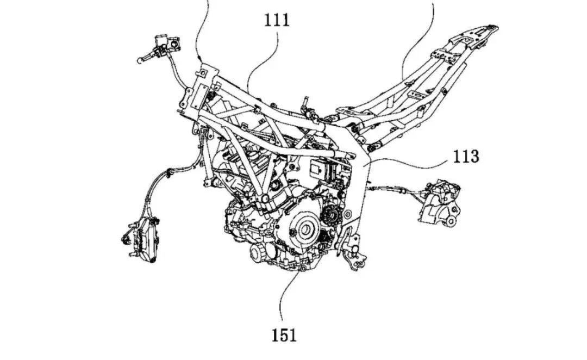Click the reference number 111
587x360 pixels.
coord(277,20)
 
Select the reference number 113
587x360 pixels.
coord(466,156)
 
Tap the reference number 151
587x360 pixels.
coord(284,335)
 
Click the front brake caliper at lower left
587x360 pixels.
coord(139,238)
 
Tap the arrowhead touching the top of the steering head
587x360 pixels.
coord(200,59)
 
